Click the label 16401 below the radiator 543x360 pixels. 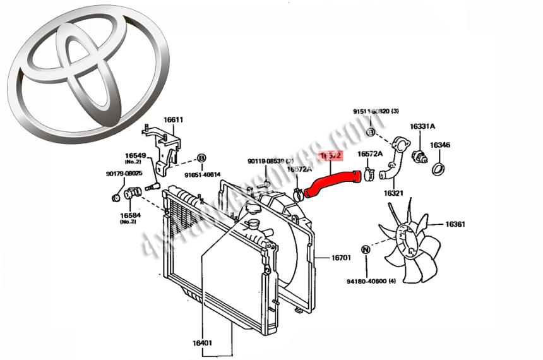[202, 343]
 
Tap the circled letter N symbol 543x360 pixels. [365, 249]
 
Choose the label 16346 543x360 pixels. [440, 146]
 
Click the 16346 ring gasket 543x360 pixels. [438, 169]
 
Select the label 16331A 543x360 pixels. [422, 127]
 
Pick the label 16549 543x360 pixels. [135, 155]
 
